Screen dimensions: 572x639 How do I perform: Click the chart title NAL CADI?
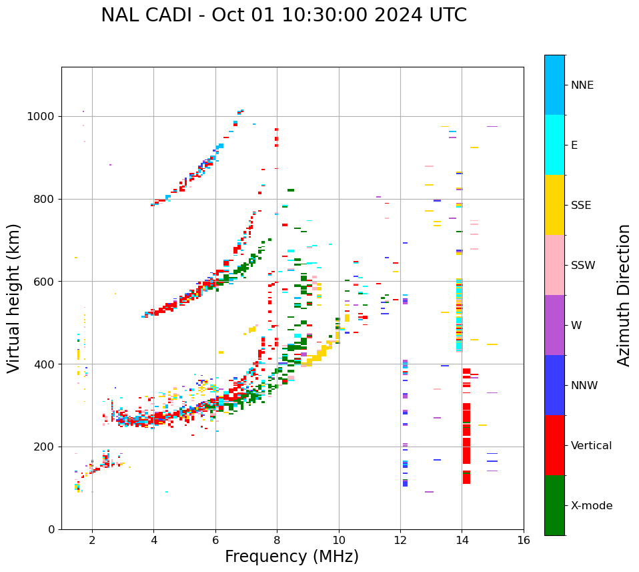tap(283, 15)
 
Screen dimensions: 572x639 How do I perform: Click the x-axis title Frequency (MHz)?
tap(291, 557)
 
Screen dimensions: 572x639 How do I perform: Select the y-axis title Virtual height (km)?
tap(14, 298)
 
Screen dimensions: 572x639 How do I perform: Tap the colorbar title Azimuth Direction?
tap(624, 295)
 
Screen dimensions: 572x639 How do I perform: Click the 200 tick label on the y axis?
tap(44, 447)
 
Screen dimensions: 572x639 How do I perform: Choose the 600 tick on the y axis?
tap(44, 282)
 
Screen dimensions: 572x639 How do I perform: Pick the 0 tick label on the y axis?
tap(52, 529)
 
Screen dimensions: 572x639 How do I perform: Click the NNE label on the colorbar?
tap(582, 85)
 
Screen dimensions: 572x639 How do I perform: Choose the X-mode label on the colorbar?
tap(592, 506)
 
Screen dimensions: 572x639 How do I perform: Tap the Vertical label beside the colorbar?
tap(591, 446)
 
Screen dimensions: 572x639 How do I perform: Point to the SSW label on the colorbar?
tap(583, 266)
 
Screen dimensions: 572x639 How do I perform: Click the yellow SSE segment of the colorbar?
tap(554, 205)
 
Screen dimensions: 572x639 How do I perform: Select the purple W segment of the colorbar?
tap(554, 325)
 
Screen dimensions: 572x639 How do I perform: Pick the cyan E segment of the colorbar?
tap(554, 145)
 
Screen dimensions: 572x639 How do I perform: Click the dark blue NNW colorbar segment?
tap(554, 385)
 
